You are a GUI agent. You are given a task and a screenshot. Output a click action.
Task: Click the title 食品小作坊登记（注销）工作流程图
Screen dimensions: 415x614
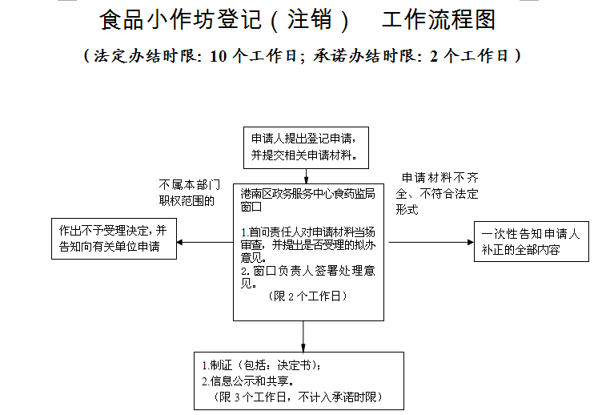[298, 20]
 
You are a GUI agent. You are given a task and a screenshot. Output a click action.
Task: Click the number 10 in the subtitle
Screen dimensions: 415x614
[221, 56]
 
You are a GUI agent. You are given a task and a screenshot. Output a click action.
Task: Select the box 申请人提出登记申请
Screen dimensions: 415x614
[307, 147]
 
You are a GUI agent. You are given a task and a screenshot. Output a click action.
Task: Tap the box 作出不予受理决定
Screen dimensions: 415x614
[113, 239]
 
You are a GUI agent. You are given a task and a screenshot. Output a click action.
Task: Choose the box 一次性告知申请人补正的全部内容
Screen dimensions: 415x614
[531, 241]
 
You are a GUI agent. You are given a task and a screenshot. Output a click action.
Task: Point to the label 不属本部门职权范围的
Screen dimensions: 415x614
[187, 193]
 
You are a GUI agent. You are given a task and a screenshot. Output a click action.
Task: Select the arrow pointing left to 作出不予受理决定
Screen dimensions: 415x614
[204, 242]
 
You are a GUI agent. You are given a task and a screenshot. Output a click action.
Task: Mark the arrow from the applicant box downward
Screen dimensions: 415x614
[306, 175]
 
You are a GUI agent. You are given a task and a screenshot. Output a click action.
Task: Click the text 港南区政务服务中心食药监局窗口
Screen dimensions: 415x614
[308, 199]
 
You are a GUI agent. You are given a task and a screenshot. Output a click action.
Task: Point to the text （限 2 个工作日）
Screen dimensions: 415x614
[307, 296]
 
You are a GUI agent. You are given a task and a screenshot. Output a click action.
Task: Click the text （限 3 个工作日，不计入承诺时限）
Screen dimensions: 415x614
[299, 397]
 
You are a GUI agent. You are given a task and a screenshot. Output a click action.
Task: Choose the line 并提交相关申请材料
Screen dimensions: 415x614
[304, 155]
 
